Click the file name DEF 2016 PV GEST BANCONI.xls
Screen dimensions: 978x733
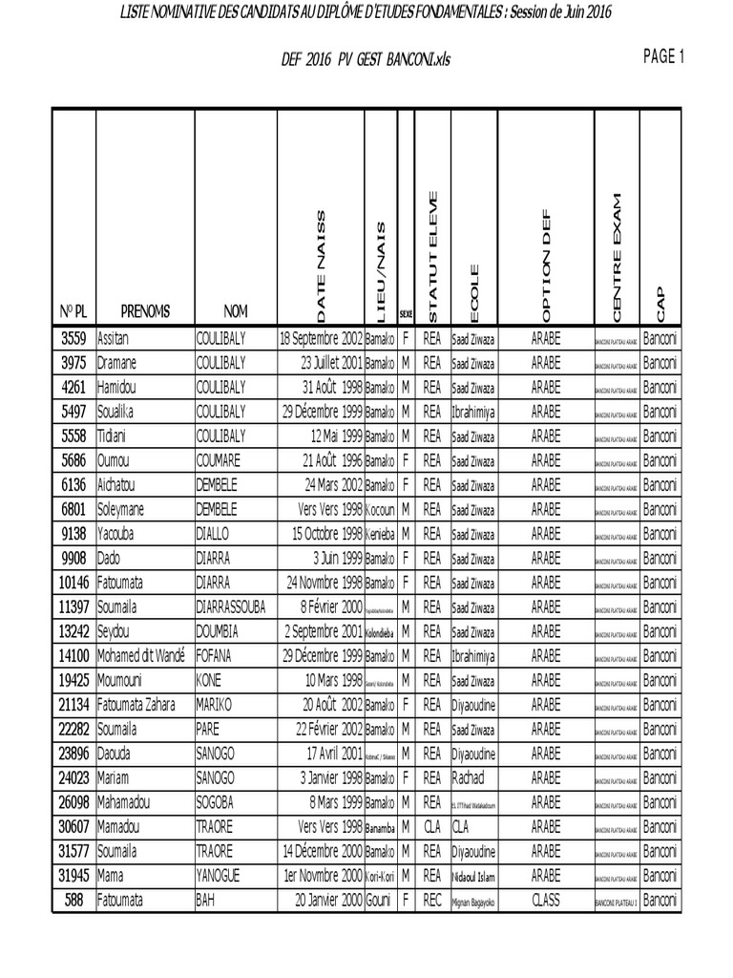(366, 59)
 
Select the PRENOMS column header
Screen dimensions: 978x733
(145, 310)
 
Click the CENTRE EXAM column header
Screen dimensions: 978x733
(616, 257)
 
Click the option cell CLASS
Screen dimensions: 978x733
(546, 900)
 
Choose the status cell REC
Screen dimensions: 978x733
(431, 900)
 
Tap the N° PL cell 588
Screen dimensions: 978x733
(73, 900)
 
